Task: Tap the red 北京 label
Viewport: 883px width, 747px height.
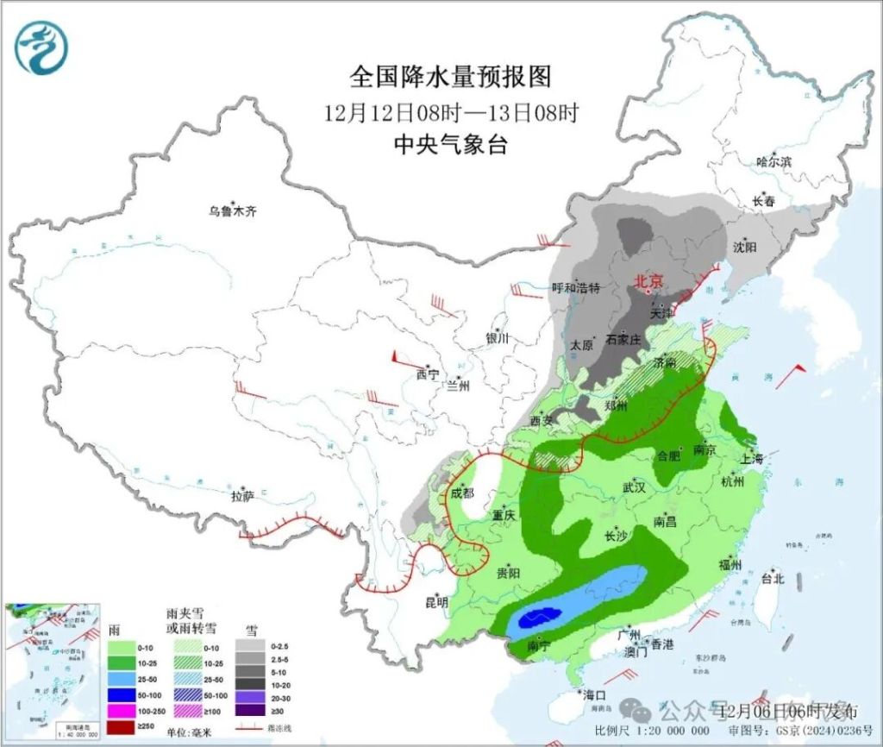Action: coord(648,281)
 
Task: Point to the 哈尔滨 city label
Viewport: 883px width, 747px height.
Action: coord(773,161)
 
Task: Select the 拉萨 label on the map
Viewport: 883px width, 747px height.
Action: coord(242,496)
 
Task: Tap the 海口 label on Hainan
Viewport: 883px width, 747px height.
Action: coord(594,694)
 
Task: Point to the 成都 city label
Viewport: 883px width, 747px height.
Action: coord(462,493)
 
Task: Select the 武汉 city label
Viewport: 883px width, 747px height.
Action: coord(634,487)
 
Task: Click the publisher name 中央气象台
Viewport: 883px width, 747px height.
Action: coord(449,144)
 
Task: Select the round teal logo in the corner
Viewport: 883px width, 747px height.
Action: coord(41,47)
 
